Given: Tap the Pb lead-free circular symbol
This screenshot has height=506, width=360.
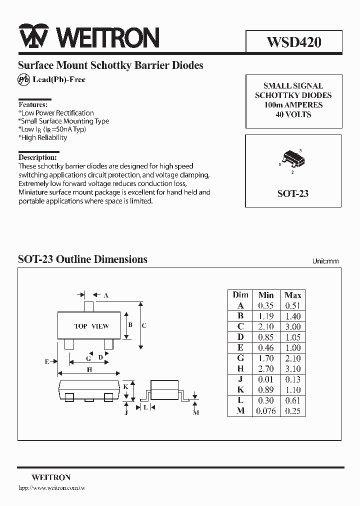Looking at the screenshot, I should (23, 79).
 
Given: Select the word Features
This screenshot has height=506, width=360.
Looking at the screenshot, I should (33, 104).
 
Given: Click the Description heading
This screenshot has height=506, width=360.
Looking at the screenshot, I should (37, 157).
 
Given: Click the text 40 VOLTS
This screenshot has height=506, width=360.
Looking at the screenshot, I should (293, 114).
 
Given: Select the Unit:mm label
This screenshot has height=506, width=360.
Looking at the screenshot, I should (325, 261).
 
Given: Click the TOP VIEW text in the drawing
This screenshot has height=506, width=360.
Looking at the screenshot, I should (91, 326).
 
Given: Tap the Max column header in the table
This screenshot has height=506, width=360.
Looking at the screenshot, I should (292, 295).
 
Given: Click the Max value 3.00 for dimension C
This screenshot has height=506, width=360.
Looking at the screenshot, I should (292, 326).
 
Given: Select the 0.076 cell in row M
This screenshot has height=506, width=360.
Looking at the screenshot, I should (265, 411).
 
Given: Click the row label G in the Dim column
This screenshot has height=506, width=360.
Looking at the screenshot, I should (240, 358).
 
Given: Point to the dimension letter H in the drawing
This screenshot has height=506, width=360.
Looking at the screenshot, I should (89, 370).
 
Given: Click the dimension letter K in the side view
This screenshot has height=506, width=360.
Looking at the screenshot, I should (126, 387).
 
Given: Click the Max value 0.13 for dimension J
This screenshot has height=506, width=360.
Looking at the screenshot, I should (292, 379).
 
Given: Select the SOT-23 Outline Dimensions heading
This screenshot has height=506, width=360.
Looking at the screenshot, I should (82, 259).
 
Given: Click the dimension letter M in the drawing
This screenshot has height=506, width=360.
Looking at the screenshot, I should (196, 412).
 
